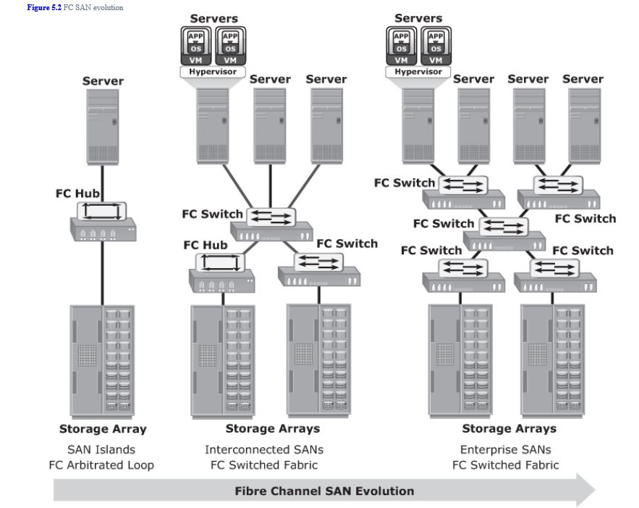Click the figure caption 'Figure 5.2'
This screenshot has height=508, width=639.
coord(44,7)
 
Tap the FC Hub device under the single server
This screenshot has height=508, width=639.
coord(102,221)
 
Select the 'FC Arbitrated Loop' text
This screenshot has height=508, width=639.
coord(101,465)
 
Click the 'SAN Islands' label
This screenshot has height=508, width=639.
coord(101,449)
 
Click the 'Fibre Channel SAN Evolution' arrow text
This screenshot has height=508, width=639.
coord(324,491)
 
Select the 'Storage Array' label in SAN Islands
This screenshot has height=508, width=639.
coord(103,428)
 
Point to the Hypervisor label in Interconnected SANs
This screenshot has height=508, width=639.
coord(213,72)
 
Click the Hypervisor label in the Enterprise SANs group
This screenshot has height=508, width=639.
coord(418,72)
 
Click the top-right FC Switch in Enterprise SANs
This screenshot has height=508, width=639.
coord(558,192)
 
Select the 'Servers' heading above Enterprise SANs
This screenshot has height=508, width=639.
coord(419,17)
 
